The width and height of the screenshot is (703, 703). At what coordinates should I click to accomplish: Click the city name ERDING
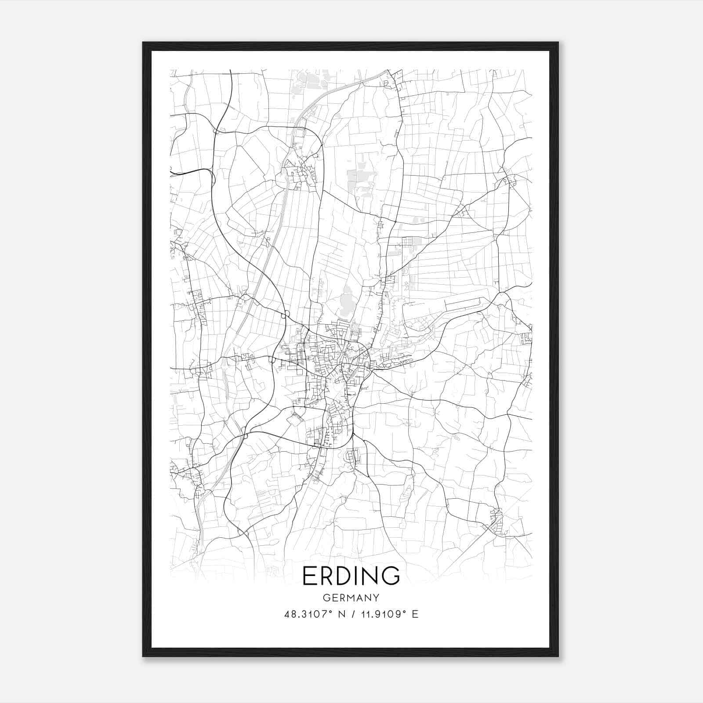point(351,576)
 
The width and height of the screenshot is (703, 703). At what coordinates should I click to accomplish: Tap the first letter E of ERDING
point(310,576)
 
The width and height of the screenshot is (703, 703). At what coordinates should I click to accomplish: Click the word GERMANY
point(351,598)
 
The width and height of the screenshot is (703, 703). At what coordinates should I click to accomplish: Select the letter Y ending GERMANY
point(376,598)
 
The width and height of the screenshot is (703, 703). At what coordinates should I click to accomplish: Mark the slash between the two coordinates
point(352,614)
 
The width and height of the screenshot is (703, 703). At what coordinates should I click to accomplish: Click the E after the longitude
point(415,614)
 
